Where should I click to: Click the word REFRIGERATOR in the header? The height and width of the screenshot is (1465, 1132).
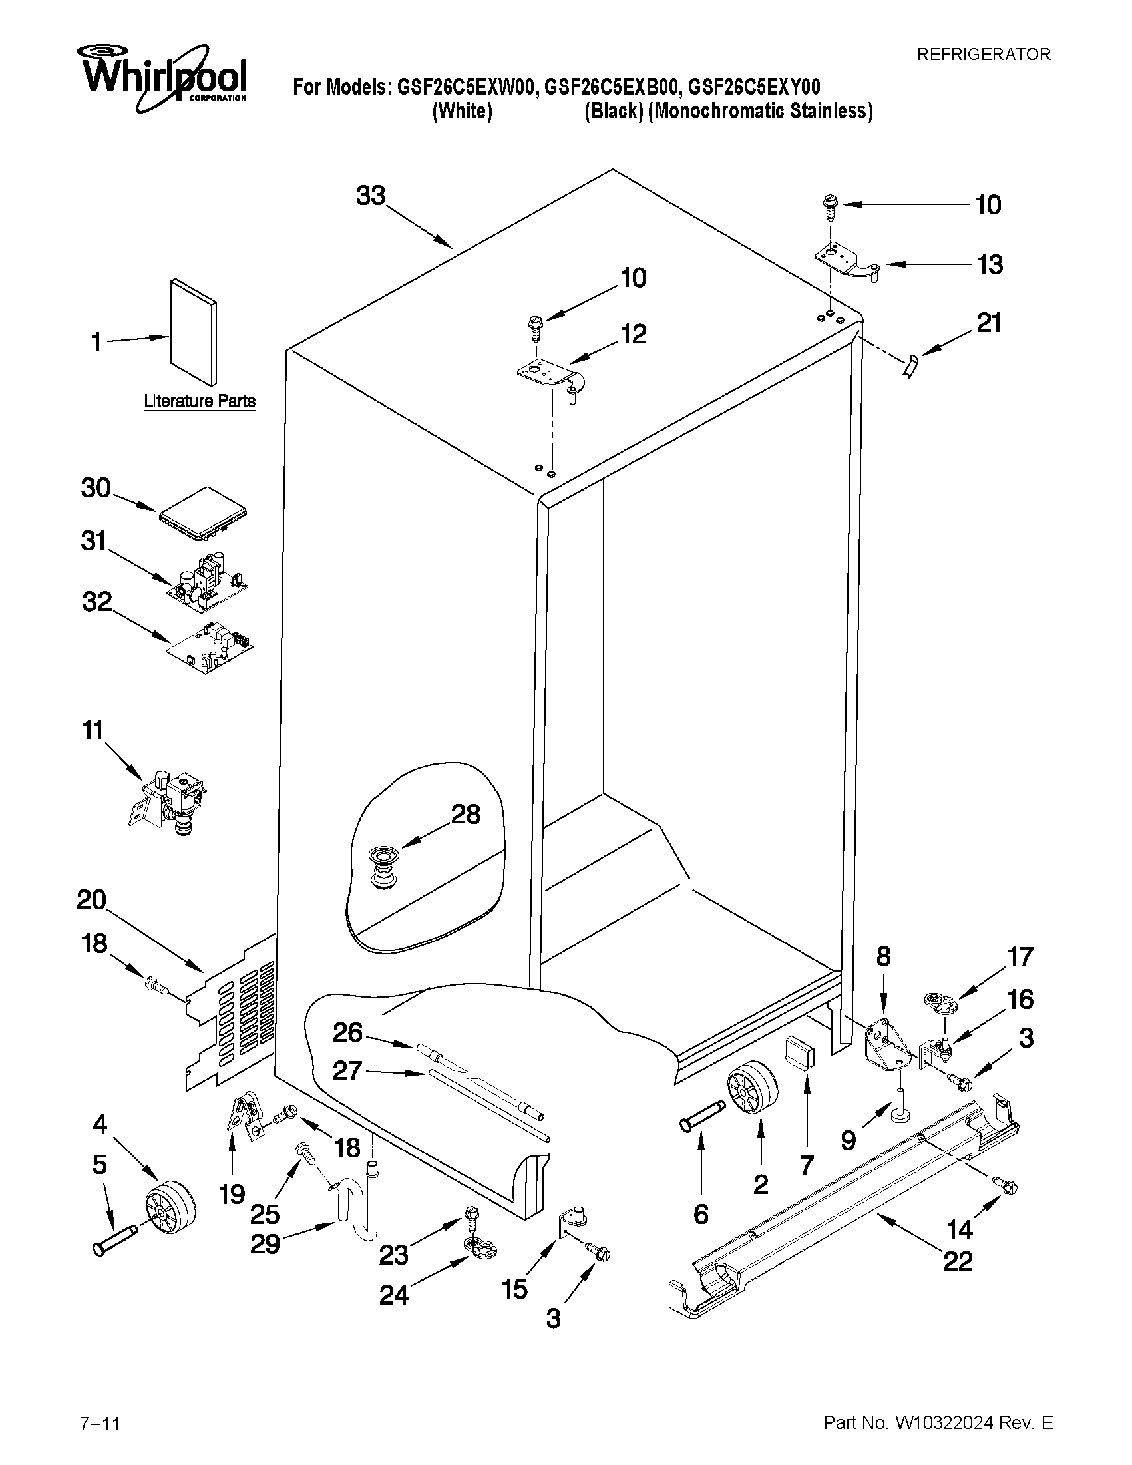[x=983, y=55]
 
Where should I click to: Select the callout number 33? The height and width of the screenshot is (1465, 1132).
[x=371, y=195]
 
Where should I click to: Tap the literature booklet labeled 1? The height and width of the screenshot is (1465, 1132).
[x=193, y=333]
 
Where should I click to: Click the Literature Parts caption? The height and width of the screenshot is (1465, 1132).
[x=200, y=401]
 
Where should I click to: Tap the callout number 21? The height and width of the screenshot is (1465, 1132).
[x=988, y=323]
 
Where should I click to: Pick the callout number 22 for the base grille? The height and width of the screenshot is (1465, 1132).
[x=957, y=1261]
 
